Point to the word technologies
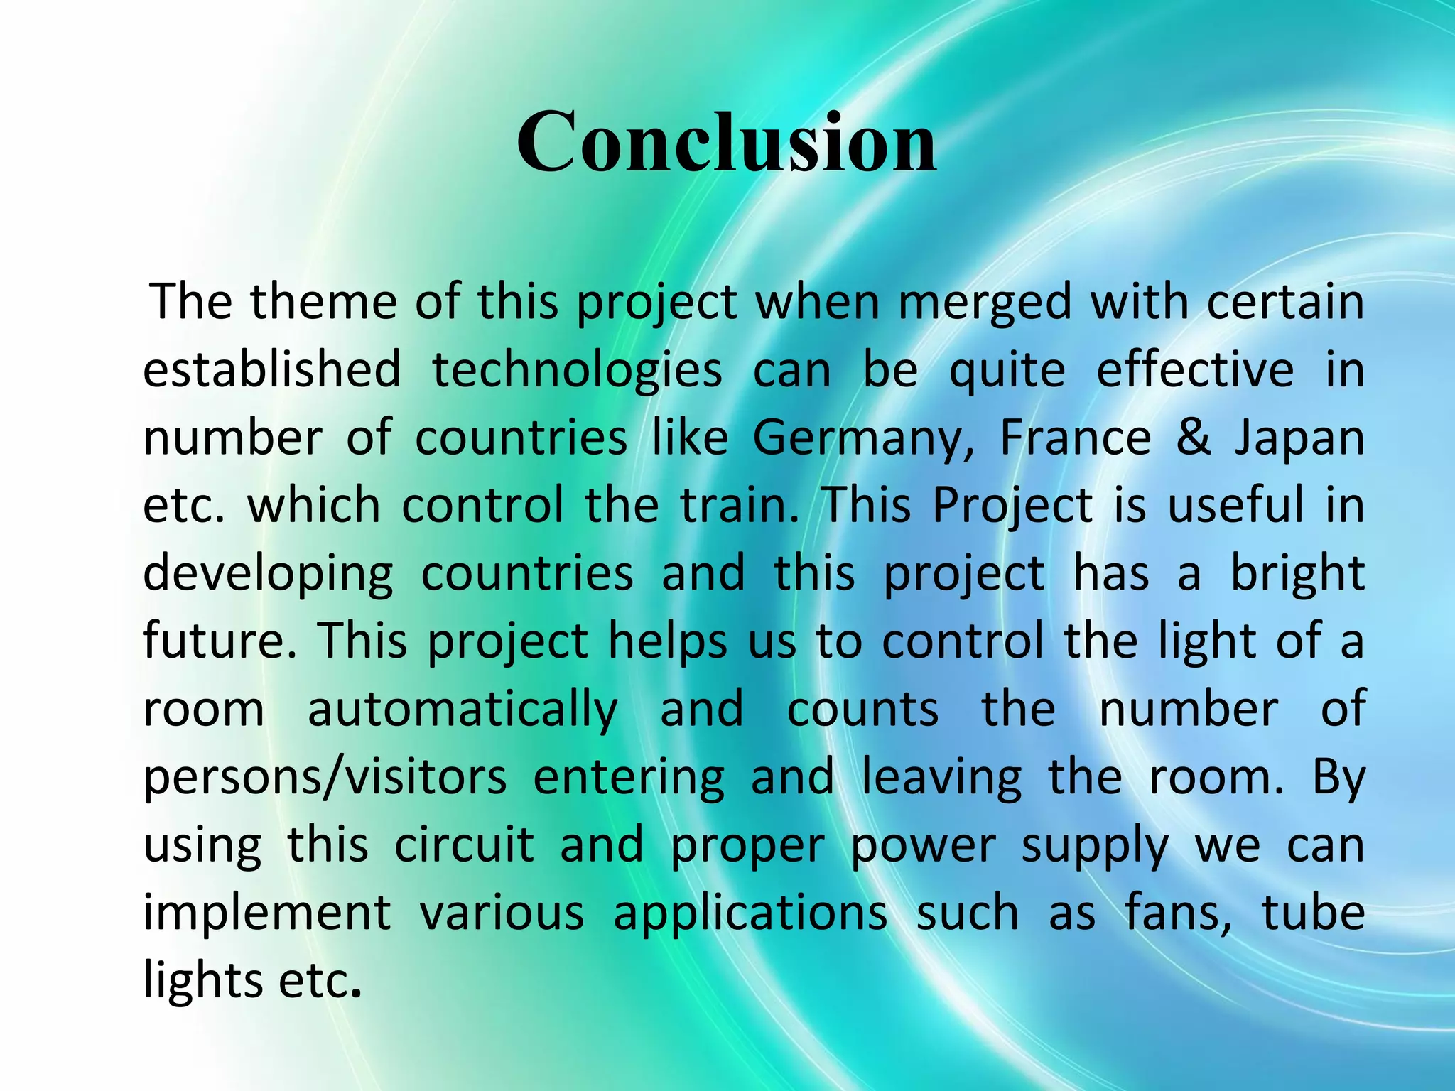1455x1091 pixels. click(577, 371)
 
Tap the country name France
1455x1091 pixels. click(1075, 438)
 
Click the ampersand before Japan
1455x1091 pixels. click(1193, 438)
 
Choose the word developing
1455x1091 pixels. click(268, 575)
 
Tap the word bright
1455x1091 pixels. click(1297, 573)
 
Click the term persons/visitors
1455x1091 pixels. click(325, 778)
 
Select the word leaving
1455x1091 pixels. click(941, 778)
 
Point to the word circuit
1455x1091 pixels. click(464, 845)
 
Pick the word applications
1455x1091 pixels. click(750, 913)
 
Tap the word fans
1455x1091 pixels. click(1177, 912)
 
